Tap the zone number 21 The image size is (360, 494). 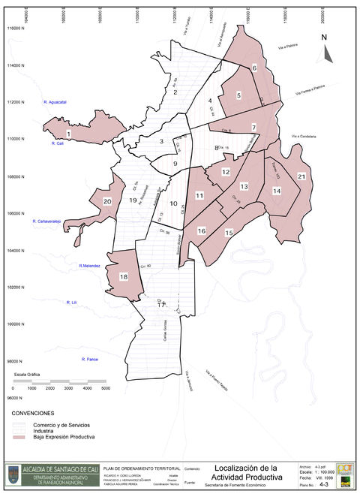tap(301, 176)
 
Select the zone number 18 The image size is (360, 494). tap(124, 277)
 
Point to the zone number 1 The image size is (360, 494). tap(69, 134)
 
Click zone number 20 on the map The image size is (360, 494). tap(107, 201)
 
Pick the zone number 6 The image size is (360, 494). tap(254, 68)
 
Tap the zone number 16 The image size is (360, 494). tap(201, 231)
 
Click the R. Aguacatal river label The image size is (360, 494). tap(55, 102)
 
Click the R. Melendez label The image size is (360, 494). tap(90, 266)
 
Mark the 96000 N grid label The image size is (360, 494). tap(13, 398)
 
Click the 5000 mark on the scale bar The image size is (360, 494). tap(105, 388)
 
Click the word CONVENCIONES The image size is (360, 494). tap(34, 413)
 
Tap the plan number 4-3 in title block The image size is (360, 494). tap(323, 486)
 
